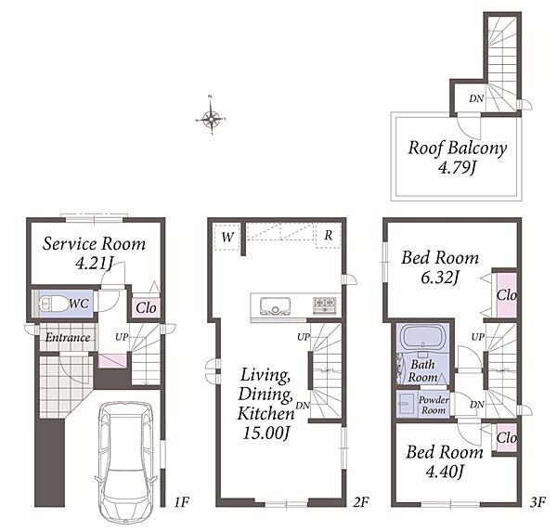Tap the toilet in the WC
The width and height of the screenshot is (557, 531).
tap(54, 304)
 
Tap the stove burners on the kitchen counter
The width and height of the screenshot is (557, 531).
tap(324, 305)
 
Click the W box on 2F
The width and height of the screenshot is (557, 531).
tap(227, 237)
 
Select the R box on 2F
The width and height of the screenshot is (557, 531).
tap(329, 235)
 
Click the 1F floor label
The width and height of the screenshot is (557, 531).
tap(181, 502)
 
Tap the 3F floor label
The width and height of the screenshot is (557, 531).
tap(538, 502)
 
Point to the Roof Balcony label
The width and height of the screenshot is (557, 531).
tap(457, 148)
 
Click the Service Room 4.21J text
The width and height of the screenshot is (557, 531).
tap(94, 253)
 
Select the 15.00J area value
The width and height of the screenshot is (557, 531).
tap(266, 433)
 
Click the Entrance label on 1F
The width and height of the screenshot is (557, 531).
tap(68, 337)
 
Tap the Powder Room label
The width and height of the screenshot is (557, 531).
tap(434, 405)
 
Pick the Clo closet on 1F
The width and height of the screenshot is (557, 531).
tap(146, 307)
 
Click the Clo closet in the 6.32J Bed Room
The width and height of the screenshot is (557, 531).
tap(506, 295)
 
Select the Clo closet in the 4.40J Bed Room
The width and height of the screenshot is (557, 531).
tap(506, 437)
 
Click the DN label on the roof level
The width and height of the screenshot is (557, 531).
tap(476, 98)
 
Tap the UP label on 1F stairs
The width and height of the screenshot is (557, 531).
tap(122, 337)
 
